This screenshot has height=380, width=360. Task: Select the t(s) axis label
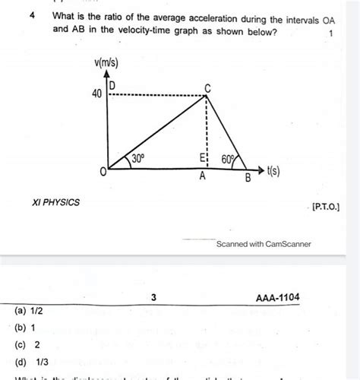point(270,173)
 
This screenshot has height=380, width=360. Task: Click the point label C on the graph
point(208,88)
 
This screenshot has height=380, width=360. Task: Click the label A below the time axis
point(202,176)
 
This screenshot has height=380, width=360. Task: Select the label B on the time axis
point(247,179)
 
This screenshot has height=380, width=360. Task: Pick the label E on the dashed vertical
point(201,158)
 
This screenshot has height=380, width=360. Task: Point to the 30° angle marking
point(138,159)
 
